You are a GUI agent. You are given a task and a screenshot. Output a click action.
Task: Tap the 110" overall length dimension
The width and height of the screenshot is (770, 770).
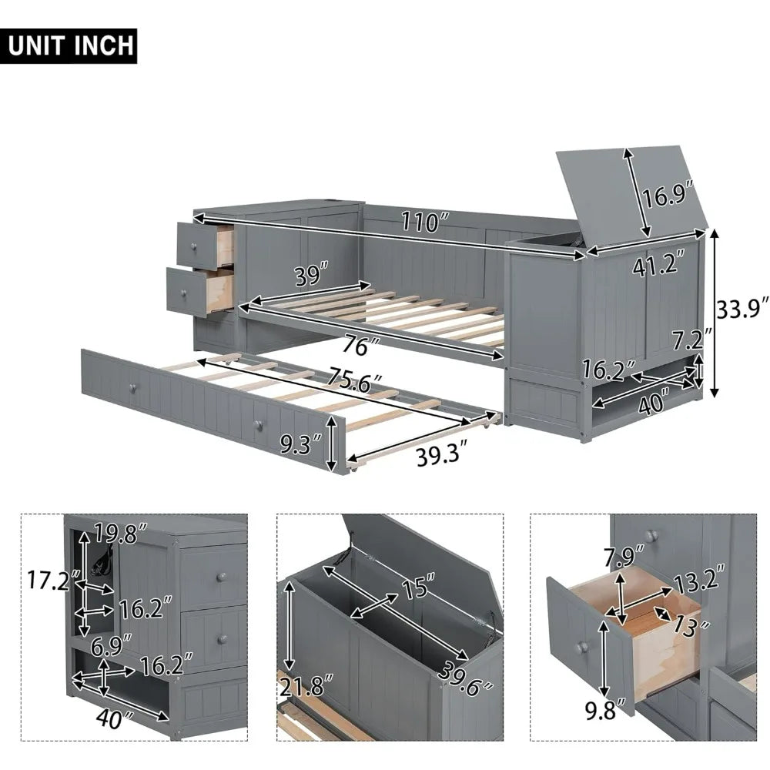click(x=423, y=224)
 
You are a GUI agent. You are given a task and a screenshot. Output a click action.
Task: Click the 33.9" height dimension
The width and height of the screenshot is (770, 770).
click(x=742, y=310)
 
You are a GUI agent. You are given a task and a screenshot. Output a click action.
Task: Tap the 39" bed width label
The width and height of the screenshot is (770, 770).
click(x=311, y=272)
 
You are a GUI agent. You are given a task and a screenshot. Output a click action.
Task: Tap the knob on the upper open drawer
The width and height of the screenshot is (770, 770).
click(x=194, y=246)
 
